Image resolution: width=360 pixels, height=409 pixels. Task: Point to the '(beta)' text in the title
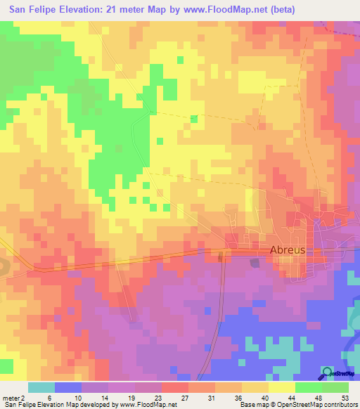tap(281, 9)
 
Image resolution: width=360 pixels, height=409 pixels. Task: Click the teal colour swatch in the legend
tap(41, 387)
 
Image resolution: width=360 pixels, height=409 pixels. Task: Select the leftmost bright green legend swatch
tap(308, 387)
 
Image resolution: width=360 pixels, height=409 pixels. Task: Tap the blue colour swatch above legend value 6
tap(68, 387)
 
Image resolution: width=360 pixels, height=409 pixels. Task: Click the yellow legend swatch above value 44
tap(281, 387)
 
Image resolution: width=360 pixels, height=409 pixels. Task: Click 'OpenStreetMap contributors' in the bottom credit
tap(317, 405)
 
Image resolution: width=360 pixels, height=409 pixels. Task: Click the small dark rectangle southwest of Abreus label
tap(255, 263)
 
